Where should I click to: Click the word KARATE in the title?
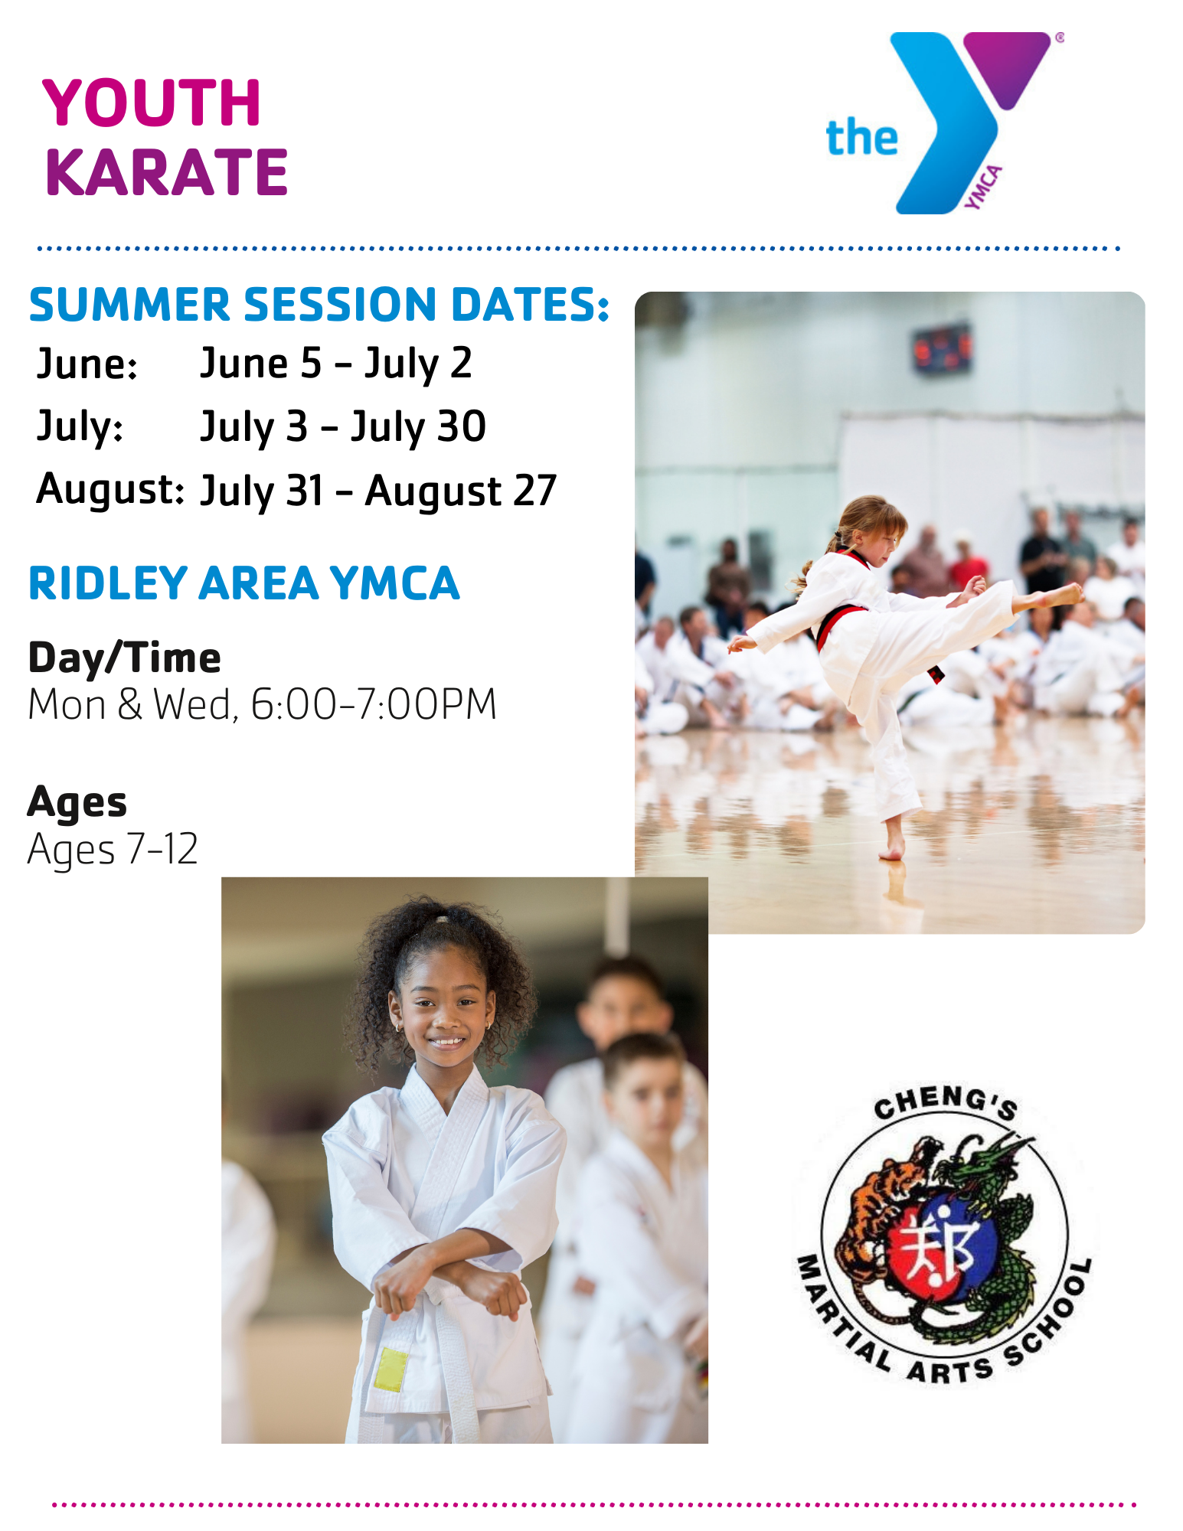click(x=166, y=172)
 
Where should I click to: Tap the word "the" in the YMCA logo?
click(x=861, y=139)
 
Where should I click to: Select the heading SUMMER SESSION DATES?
click(x=319, y=305)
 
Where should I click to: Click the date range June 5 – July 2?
click(x=335, y=363)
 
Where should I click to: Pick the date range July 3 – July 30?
click(x=342, y=426)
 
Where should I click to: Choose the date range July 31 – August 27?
click(x=377, y=491)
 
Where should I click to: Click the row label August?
click(x=110, y=489)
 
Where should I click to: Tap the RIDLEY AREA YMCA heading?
click(x=243, y=583)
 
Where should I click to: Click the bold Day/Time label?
click(x=125, y=658)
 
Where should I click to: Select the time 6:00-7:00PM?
click(x=374, y=704)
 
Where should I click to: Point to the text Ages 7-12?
click(x=113, y=849)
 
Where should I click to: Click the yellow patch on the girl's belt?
click(x=391, y=1369)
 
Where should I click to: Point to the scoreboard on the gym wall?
click(x=941, y=349)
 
